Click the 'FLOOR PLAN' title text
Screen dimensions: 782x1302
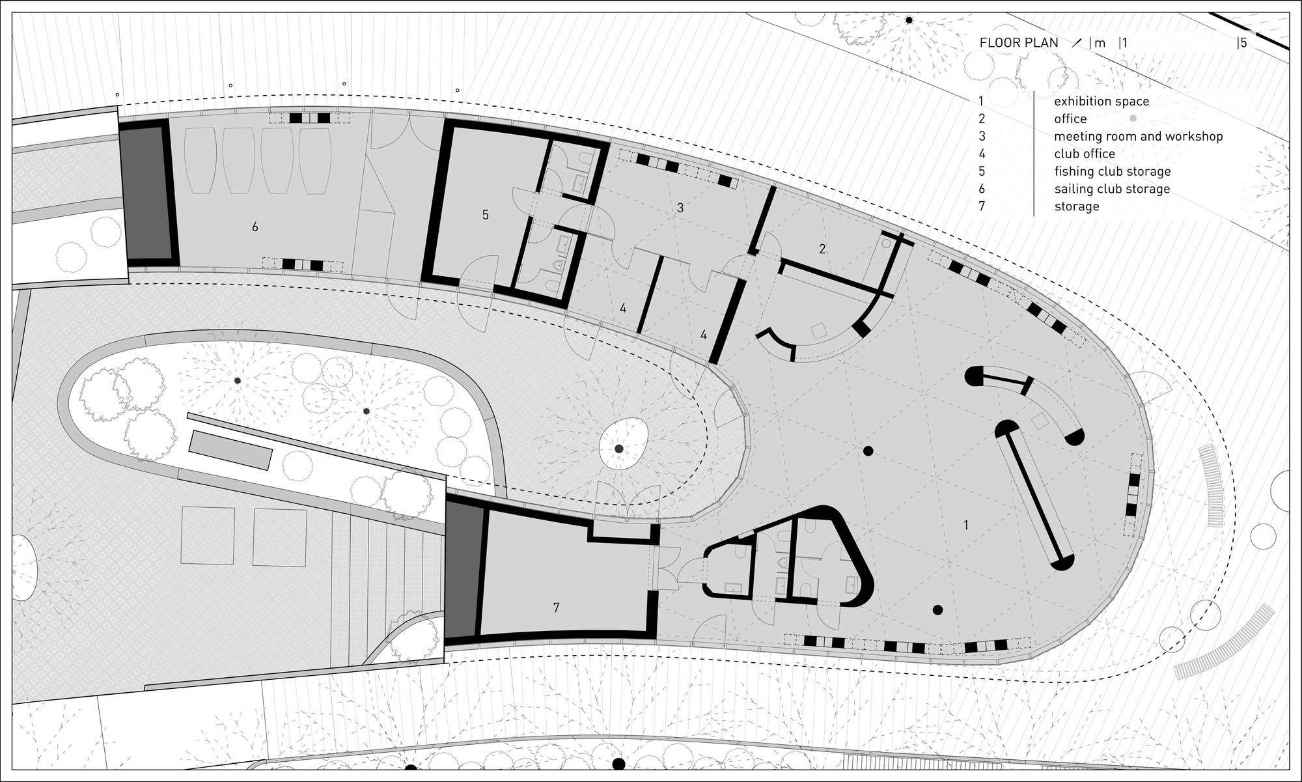click(x=1019, y=43)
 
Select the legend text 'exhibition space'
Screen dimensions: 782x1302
click(x=1101, y=102)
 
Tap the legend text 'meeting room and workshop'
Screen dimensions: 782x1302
click(x=1139, y=137)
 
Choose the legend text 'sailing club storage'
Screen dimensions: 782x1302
click(x=1112, y=189)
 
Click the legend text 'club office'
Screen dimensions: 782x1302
click(x=1085, y=154)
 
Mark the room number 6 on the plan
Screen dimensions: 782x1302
click(x=255, y=227)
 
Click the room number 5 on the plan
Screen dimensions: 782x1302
click(x=486, y=215)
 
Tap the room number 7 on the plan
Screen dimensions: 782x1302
click(x=556, y=607)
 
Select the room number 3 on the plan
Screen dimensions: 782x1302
click(x=680, y=208)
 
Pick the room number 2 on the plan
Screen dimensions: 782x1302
click(x=822, y=249)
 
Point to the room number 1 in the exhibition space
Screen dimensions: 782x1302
click(x=966, y=525)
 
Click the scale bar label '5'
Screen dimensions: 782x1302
click(x=1243, y=43)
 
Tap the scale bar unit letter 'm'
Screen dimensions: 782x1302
click(x=1100, y=43)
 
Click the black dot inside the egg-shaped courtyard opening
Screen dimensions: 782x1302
click(x=619, y=449)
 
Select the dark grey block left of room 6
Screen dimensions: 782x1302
click(x=148, y=193)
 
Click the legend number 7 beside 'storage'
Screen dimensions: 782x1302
click(x=982, y=206)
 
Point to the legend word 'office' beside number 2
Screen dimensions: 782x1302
click(x=1070, y=119)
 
